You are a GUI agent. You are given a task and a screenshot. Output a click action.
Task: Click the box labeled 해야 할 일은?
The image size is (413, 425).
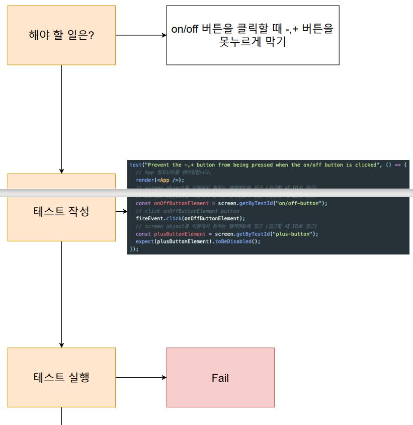pyautogui.click(x=61, y=35)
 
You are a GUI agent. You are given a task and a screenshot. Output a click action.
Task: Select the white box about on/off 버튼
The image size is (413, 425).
pyautogui.click(x=253, y=35)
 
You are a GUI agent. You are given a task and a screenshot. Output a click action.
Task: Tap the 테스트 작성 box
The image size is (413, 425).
pyautogui.click(x=61, y=211)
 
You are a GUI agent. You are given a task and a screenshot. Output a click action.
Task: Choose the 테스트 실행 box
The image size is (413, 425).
pyautogui.click(x=61, y=377)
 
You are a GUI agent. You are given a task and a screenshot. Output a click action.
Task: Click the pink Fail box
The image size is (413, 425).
pyautogui.click(x=220, y=377)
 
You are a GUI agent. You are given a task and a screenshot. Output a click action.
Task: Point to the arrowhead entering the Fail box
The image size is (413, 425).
pyautogui.click(x=163, y=377)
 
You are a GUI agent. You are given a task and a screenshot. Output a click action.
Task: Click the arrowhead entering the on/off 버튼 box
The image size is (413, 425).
pyautogui.click(x=163, y=35)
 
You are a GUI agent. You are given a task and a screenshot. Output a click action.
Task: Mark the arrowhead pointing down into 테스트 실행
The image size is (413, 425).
pyautogui.click(x=61, y=345)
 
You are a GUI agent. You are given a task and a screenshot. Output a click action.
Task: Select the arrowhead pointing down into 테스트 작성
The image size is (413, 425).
pyautogui.click(x=61, y=171)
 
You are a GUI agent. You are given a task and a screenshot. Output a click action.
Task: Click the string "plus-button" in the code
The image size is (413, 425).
pyautogui.click(x=294, y=234)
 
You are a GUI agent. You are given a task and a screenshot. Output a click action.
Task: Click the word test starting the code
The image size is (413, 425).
pyautogui.click(x=135, y=165)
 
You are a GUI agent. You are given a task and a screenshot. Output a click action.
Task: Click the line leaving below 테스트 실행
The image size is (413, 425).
pyautogui.click(x=61, y=416)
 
